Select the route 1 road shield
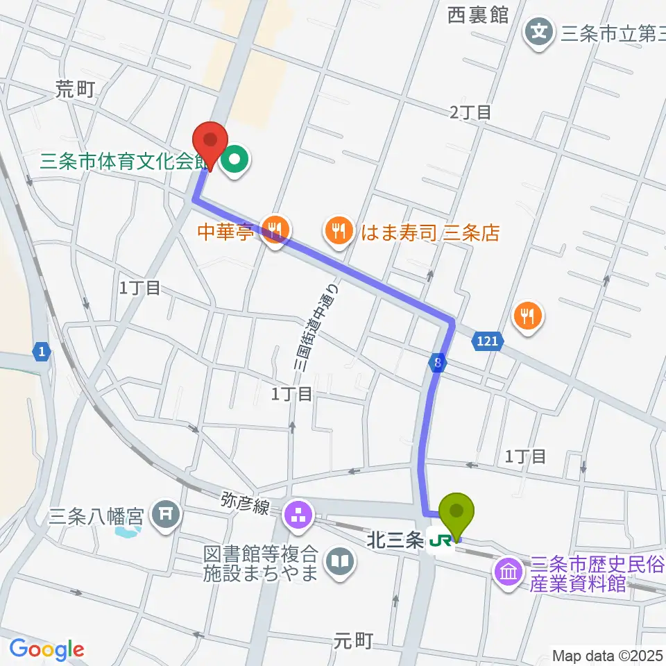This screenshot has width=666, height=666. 42,352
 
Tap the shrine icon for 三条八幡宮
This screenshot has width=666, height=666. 167,515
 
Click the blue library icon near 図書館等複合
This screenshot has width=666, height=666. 339,561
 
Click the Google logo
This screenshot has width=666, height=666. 46,650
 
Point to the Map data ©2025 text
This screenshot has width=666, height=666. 607,654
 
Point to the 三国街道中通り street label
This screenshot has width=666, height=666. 315,326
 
